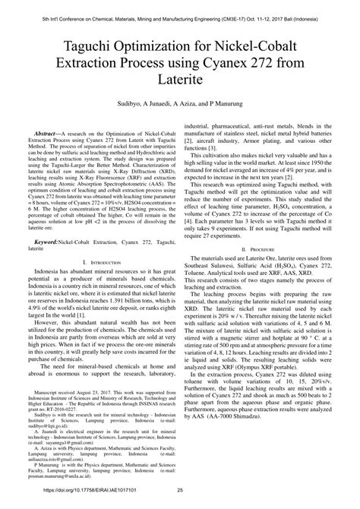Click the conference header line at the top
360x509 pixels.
pos(180,8)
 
